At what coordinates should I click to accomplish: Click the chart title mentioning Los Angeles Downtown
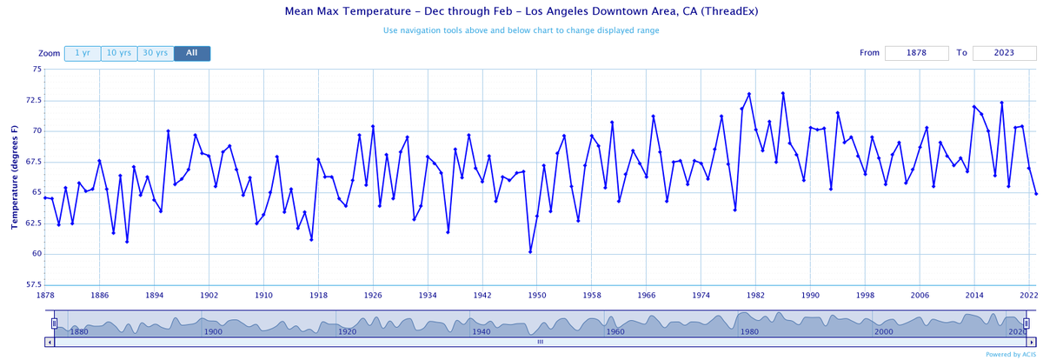(521, 11)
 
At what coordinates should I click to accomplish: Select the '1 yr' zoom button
(82, 53)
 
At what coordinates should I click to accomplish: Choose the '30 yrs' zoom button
(156, 53)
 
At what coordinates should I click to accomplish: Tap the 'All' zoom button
(191, 53)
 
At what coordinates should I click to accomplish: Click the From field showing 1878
(916, 53)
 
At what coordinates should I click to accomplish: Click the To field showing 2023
(1004, 53)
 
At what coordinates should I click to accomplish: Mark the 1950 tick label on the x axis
(536, 296)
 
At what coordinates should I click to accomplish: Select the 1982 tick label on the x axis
(754, 296)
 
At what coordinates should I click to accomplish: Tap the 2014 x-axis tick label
(973, 296)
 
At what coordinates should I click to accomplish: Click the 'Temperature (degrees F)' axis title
(15, 177)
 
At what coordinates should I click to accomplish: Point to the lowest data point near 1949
(530, 252)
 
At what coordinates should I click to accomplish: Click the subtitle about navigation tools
(521, 30)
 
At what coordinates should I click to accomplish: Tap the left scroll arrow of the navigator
(49, 342)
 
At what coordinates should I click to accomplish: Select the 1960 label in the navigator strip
(615, 331)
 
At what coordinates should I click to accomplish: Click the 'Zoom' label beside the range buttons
(50, 53)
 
